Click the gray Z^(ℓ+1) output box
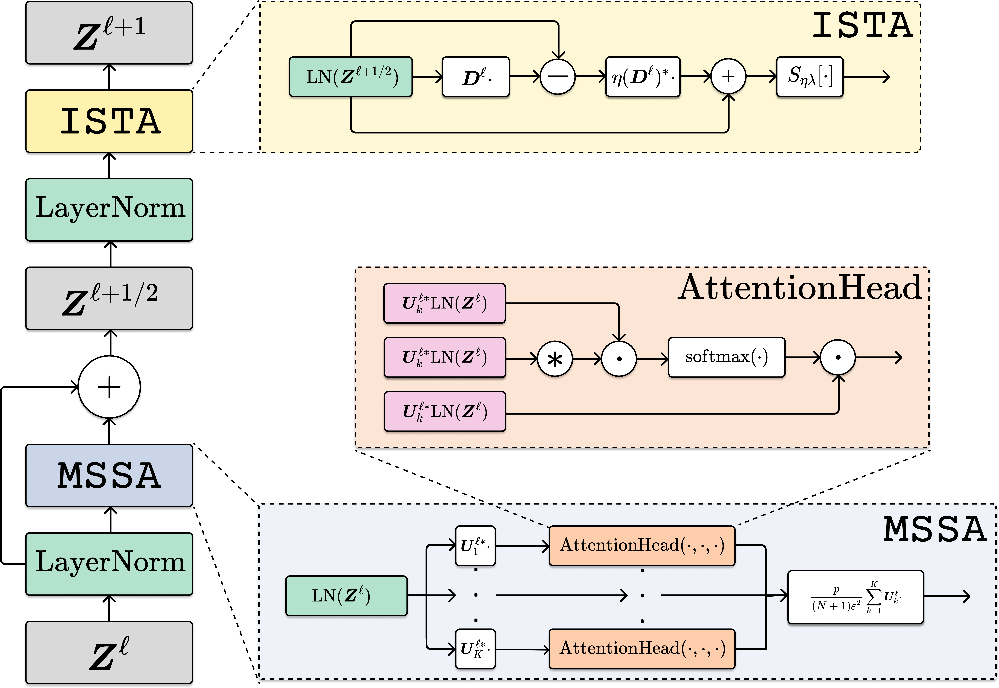point(109,34)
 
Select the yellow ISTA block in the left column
point(109,122)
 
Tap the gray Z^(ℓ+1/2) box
point(109,300)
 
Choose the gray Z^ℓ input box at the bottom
point(109,653)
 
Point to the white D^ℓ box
point(476,77)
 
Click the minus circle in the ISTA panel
point(558,77)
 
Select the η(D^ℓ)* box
point(643,77)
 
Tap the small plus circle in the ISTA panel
point(728,77)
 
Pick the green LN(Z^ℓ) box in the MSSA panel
point(346,596)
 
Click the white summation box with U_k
point(855,597)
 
